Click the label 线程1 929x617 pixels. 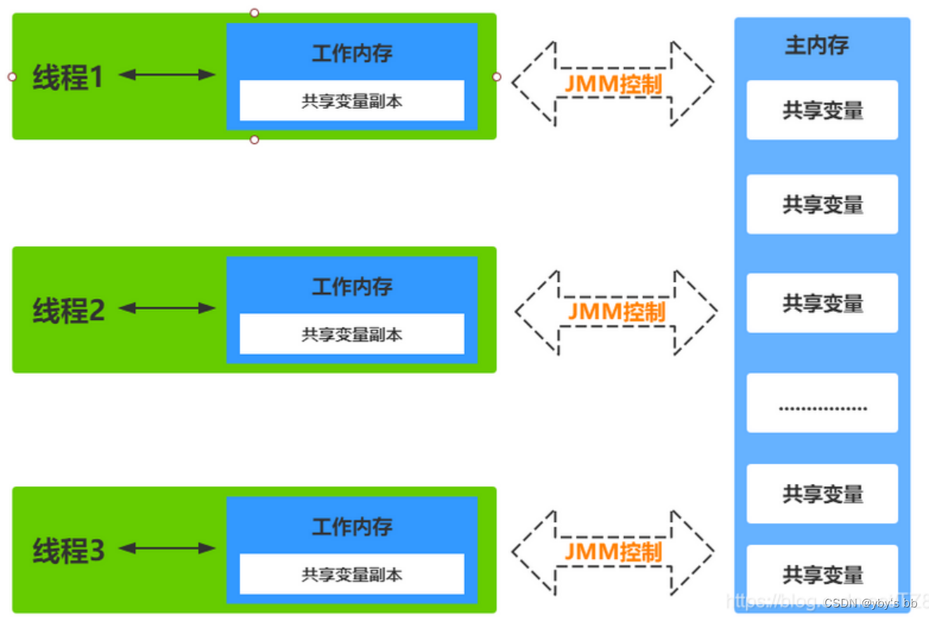(68, 77)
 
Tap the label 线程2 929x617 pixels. (68, 310)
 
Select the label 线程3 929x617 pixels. (68, 550)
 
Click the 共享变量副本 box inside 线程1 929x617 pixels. (352, 101)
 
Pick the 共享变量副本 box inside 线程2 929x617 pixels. (352, 334)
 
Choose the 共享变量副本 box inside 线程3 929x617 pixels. (352, 574)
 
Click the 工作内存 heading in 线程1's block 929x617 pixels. (352, 54)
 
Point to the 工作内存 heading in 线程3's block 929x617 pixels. (352, 527)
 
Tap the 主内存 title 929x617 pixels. (817, 45)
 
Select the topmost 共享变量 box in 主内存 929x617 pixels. (822, 110)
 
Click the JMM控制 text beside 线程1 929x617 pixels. (613, 83)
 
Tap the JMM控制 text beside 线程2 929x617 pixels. (616, 311)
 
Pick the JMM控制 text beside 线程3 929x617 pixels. (613, 551)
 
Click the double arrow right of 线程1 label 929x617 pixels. (166, 75)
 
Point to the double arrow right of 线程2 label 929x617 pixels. (166, 308)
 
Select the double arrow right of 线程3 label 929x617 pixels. (166, 548)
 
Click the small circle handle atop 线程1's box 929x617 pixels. (254, 13)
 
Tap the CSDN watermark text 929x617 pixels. (870, 604)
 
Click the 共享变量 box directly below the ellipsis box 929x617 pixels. (822, 493)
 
